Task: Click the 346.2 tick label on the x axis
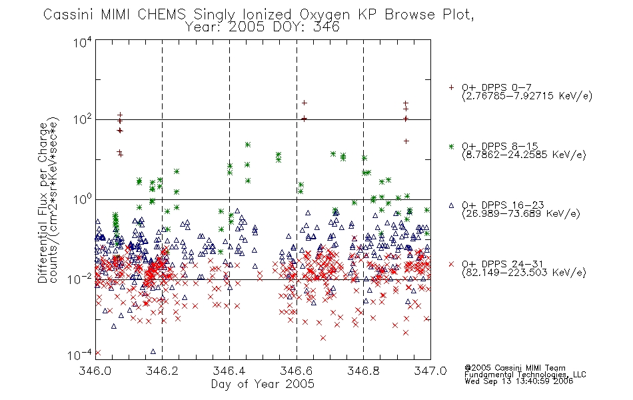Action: pyautogui.click(x=162, y=371)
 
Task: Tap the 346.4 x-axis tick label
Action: pyautogui.click(x=229, y=371)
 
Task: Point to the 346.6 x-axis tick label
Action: pyautogui.click(x=297, y=371)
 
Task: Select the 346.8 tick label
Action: pyautogui.click(x=363, y=371)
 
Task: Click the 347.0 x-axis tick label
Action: pyautogui.click(x=430, y=371)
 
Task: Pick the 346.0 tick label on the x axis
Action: pyautogui.click(x=95, y=371)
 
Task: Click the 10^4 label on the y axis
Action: pyautogui.click(x=83, y=42)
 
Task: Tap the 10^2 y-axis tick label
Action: pyautogui.click(x=83, y=119)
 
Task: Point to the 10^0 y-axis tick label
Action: pyautogui.click(x=83, y=199)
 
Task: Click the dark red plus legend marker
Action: pyautogui.click(x=451, y=87)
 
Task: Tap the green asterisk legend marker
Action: pyautogui.click(x=451, y=146)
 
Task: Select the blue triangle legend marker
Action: pyautogui.click(x=451, y=205)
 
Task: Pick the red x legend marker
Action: pyautogui.click(x=451, y=264)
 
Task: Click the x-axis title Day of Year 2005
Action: pyautogui.click(x=263, y=384)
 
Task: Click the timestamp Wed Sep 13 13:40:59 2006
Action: pyautogui.click(x=519, y=381)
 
